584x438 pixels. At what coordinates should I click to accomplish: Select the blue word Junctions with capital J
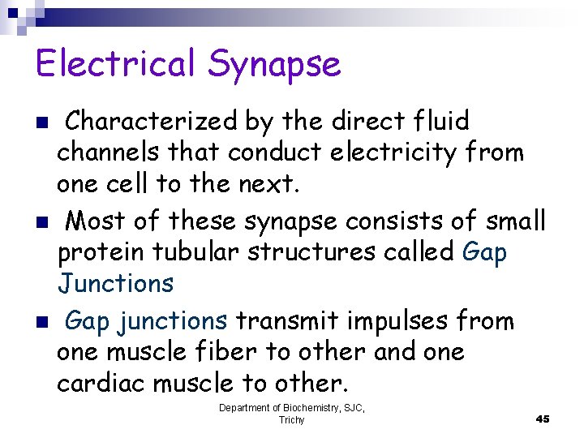pyautogui.click(x=115, y=283)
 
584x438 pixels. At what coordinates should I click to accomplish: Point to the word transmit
pyautogui.click(x=285, y=321)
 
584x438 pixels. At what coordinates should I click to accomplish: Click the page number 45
pyautogui.click(x=543, y=419)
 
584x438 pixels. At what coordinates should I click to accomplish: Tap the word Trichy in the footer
pyautogui.click(x=291, y=420)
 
